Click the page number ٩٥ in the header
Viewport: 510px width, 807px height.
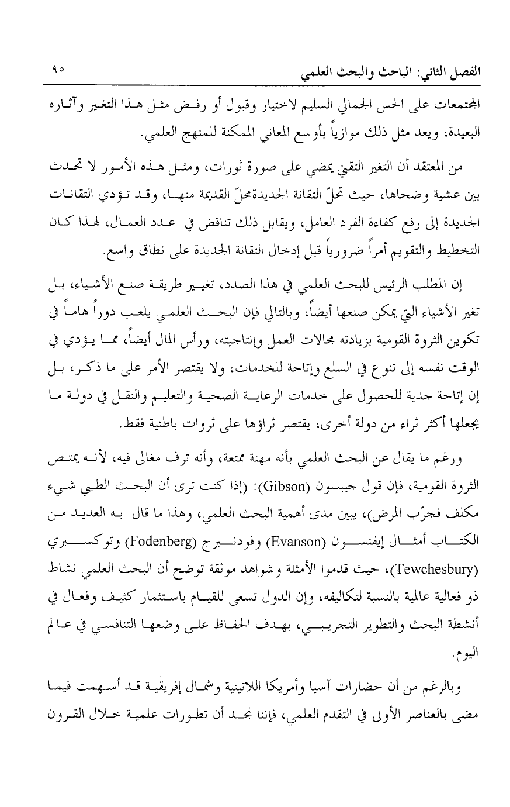click(x=57, y=68)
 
